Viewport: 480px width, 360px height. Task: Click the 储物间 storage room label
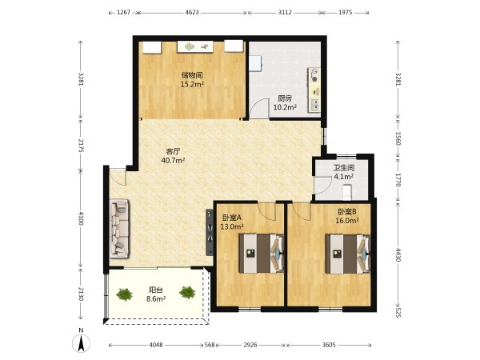[x=192, y=75]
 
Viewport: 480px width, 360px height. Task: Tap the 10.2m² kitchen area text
[x=285, y=107]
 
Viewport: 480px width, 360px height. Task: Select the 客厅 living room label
[x=173, y=151]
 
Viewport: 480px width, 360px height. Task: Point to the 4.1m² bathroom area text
[x=344, y=177]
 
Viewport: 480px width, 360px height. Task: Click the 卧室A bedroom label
[x=232, y=218]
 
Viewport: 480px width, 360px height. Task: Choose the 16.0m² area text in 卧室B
[x=347, y=221]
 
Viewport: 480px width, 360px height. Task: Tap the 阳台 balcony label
[x=156, y=290]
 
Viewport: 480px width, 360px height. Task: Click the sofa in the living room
[x=119, y=228]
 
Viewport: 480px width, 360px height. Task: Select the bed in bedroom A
[x=262, y=254]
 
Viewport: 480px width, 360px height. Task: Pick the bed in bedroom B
[x=348, y=254]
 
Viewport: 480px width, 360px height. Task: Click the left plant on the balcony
[x=124, y=294]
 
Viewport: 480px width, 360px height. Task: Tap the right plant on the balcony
[x=187, y=292]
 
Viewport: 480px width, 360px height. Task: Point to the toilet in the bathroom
[x=347, y=190]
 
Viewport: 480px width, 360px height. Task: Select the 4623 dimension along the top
[x=192, y=13]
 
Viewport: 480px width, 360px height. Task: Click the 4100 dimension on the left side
[x=81, y=218]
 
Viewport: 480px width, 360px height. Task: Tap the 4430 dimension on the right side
[x=398, y=255]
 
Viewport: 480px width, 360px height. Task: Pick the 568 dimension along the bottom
[x=210, y=345]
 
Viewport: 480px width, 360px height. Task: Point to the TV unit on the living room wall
[x=210, y=232]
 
